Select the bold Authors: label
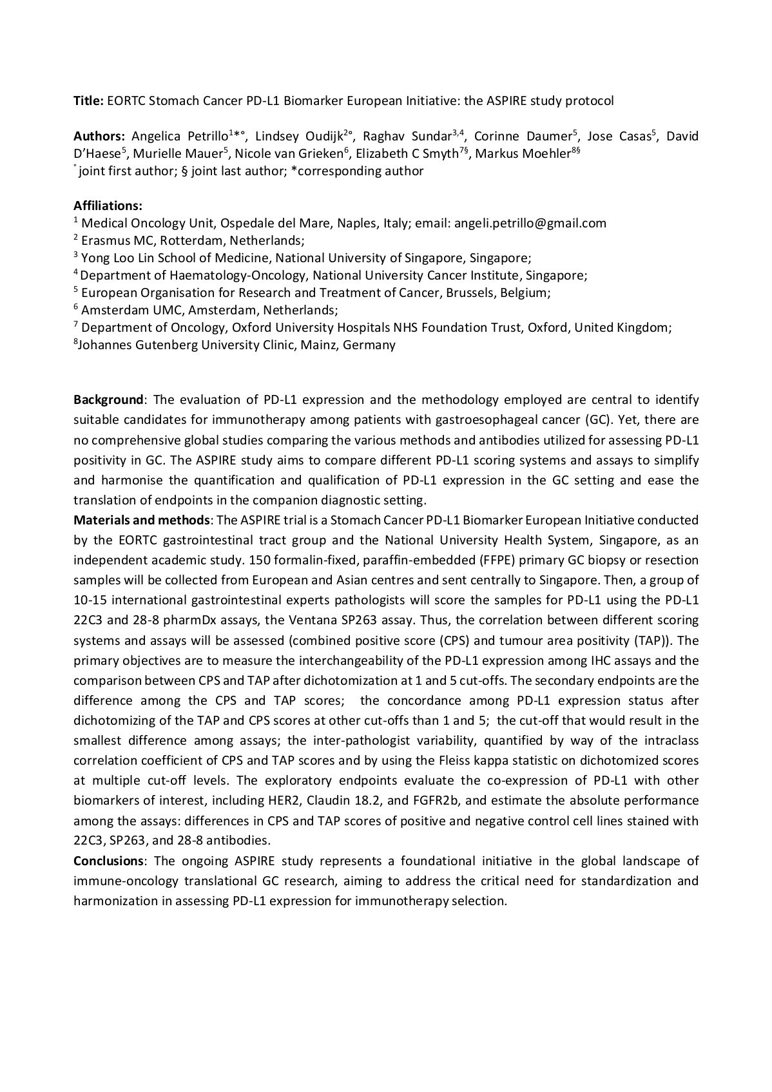pos(99,136)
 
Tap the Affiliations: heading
pos(108,206)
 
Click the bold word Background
pos(108,400)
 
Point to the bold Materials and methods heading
pos(142,520)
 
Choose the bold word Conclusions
pos(108,861)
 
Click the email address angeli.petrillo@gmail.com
pos(530,224)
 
